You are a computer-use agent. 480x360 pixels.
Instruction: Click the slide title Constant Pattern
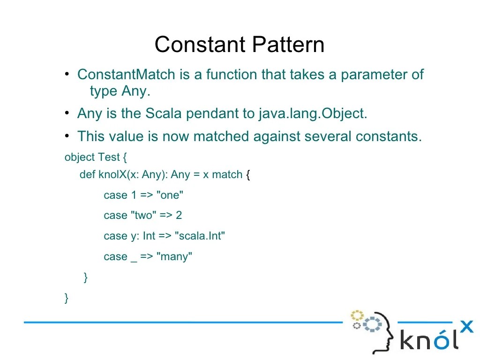tap(240, 45)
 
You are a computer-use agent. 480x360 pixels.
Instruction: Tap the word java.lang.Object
tap(313, 113)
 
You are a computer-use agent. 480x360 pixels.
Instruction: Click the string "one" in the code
tap(170, 195)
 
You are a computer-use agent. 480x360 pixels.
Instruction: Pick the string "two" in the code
tap(143, 216)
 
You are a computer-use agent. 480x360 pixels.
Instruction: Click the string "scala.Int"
tap(200, 236)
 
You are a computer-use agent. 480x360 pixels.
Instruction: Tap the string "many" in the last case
tap(174, 257)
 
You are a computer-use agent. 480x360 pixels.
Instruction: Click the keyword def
tap(87, 175)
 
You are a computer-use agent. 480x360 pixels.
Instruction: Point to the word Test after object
tap(109, 157)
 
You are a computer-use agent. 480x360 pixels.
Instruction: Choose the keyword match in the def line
tap(227, 175)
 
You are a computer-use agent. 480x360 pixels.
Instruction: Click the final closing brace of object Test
tap(67, 298)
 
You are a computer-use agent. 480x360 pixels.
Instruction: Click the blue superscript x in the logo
tap(466, 326)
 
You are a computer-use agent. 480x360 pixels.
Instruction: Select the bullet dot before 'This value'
tap(67, 136)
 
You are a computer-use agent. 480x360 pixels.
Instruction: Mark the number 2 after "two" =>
tap(179, 216)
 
